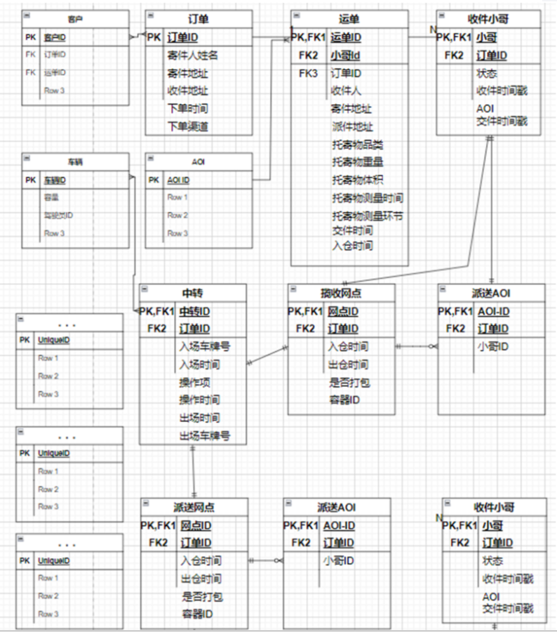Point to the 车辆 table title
tap(75, 161)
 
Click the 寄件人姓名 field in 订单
tap(193, 55)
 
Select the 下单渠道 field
tap(187, 126)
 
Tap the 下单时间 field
tap(187, 109)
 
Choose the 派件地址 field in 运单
tap(352, 127)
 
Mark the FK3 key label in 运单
tap(309, 73)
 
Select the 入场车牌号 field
tap(205, 346)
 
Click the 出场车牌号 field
tap(205, 435)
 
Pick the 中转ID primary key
tap(196, 311)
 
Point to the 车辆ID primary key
tap(57, 180)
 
